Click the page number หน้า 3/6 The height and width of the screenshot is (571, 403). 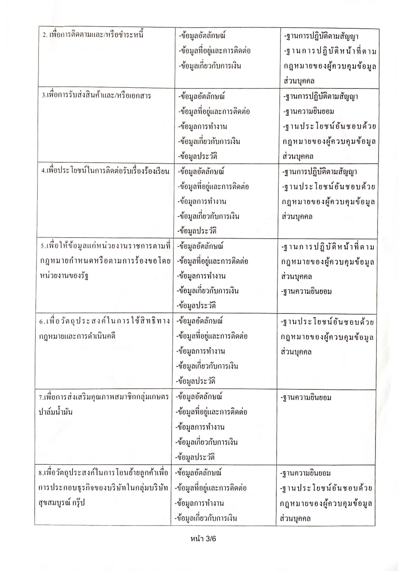203,538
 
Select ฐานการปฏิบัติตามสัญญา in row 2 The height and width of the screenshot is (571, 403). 321,36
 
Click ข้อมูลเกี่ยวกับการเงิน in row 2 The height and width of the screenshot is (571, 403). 210,66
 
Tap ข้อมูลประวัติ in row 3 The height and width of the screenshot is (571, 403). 198,156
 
